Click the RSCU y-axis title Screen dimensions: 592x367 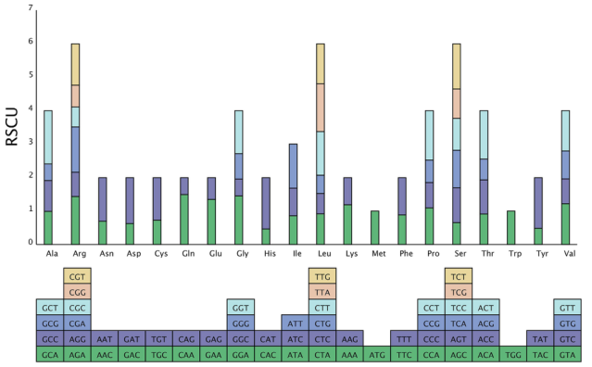click(x=12, y=127)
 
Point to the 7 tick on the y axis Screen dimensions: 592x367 click(x=31, y=7)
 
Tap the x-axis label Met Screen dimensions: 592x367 click(x=379, y=254)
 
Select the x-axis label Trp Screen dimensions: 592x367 click(x=515, y=254)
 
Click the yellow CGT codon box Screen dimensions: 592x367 click(x=77, y=276)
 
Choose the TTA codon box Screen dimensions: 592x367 click(x=322, y=292)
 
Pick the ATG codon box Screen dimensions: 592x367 click(x=377, y=355)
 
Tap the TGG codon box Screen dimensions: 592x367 click(x=513, y=355)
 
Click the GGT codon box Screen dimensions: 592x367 click(x=241, y=308)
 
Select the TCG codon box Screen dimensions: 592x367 click(x=459, y=292)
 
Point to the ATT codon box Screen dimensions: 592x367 click(x=296, y=323)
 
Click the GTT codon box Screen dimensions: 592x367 click(x=568, y=308)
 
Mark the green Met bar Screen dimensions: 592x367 click(x=375, y=228)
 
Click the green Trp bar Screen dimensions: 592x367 click(x=510, y=228)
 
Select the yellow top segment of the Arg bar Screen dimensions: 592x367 click(x=76, y=65)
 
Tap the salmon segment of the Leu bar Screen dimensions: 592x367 click(x=321, y=108)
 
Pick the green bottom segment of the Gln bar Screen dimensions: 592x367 click(x=184, y=220)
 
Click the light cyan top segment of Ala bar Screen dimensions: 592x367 click(x=48, y=137)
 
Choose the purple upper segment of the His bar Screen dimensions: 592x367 click(x=266, y=203)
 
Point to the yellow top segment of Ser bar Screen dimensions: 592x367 click(x=457, y=67)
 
